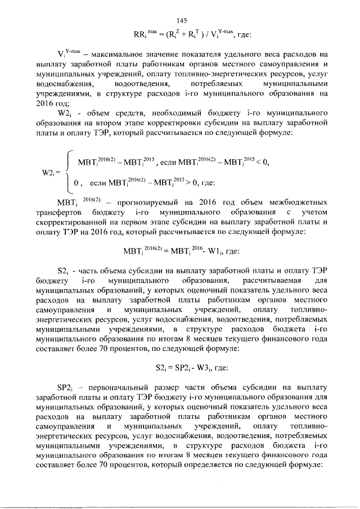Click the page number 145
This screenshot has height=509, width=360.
click(x=181, y=20)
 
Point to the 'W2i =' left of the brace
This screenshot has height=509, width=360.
click(x=52, y=173)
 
